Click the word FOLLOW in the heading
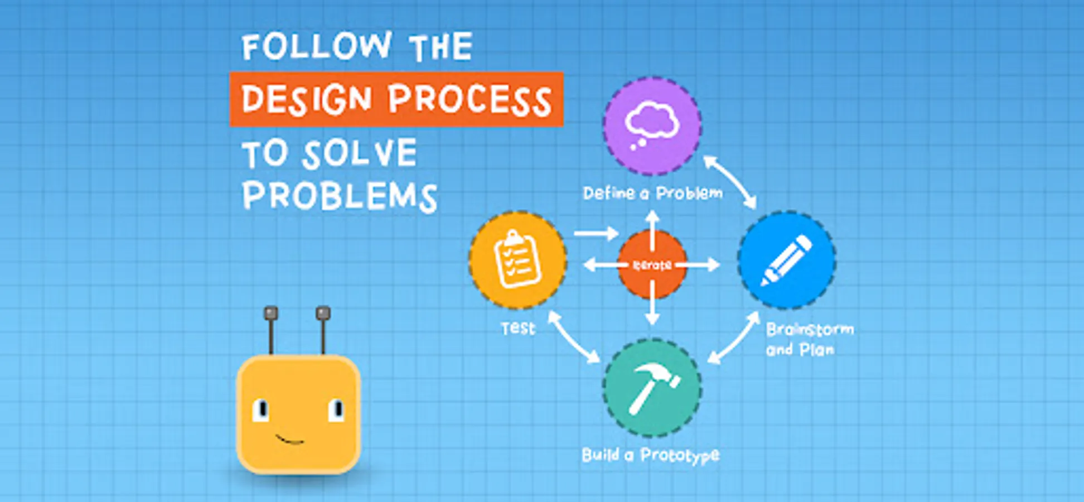coord(317,46)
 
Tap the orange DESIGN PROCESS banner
coord(396,99)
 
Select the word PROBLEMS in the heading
coord(340,196)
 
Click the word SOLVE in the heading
coord(360,154)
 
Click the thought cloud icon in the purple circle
coord(651,125)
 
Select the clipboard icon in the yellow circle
coord(517,259)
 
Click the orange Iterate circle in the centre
coord(652,265)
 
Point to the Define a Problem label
coord(652,193)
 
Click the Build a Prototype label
coord(651,456)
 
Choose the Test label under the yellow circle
coord(518,328)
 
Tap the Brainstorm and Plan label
coord(810,339)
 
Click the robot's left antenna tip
coord(271,313)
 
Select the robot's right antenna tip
coord(323,313)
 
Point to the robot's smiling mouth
coord(290,440)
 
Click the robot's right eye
coord(336,410)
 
